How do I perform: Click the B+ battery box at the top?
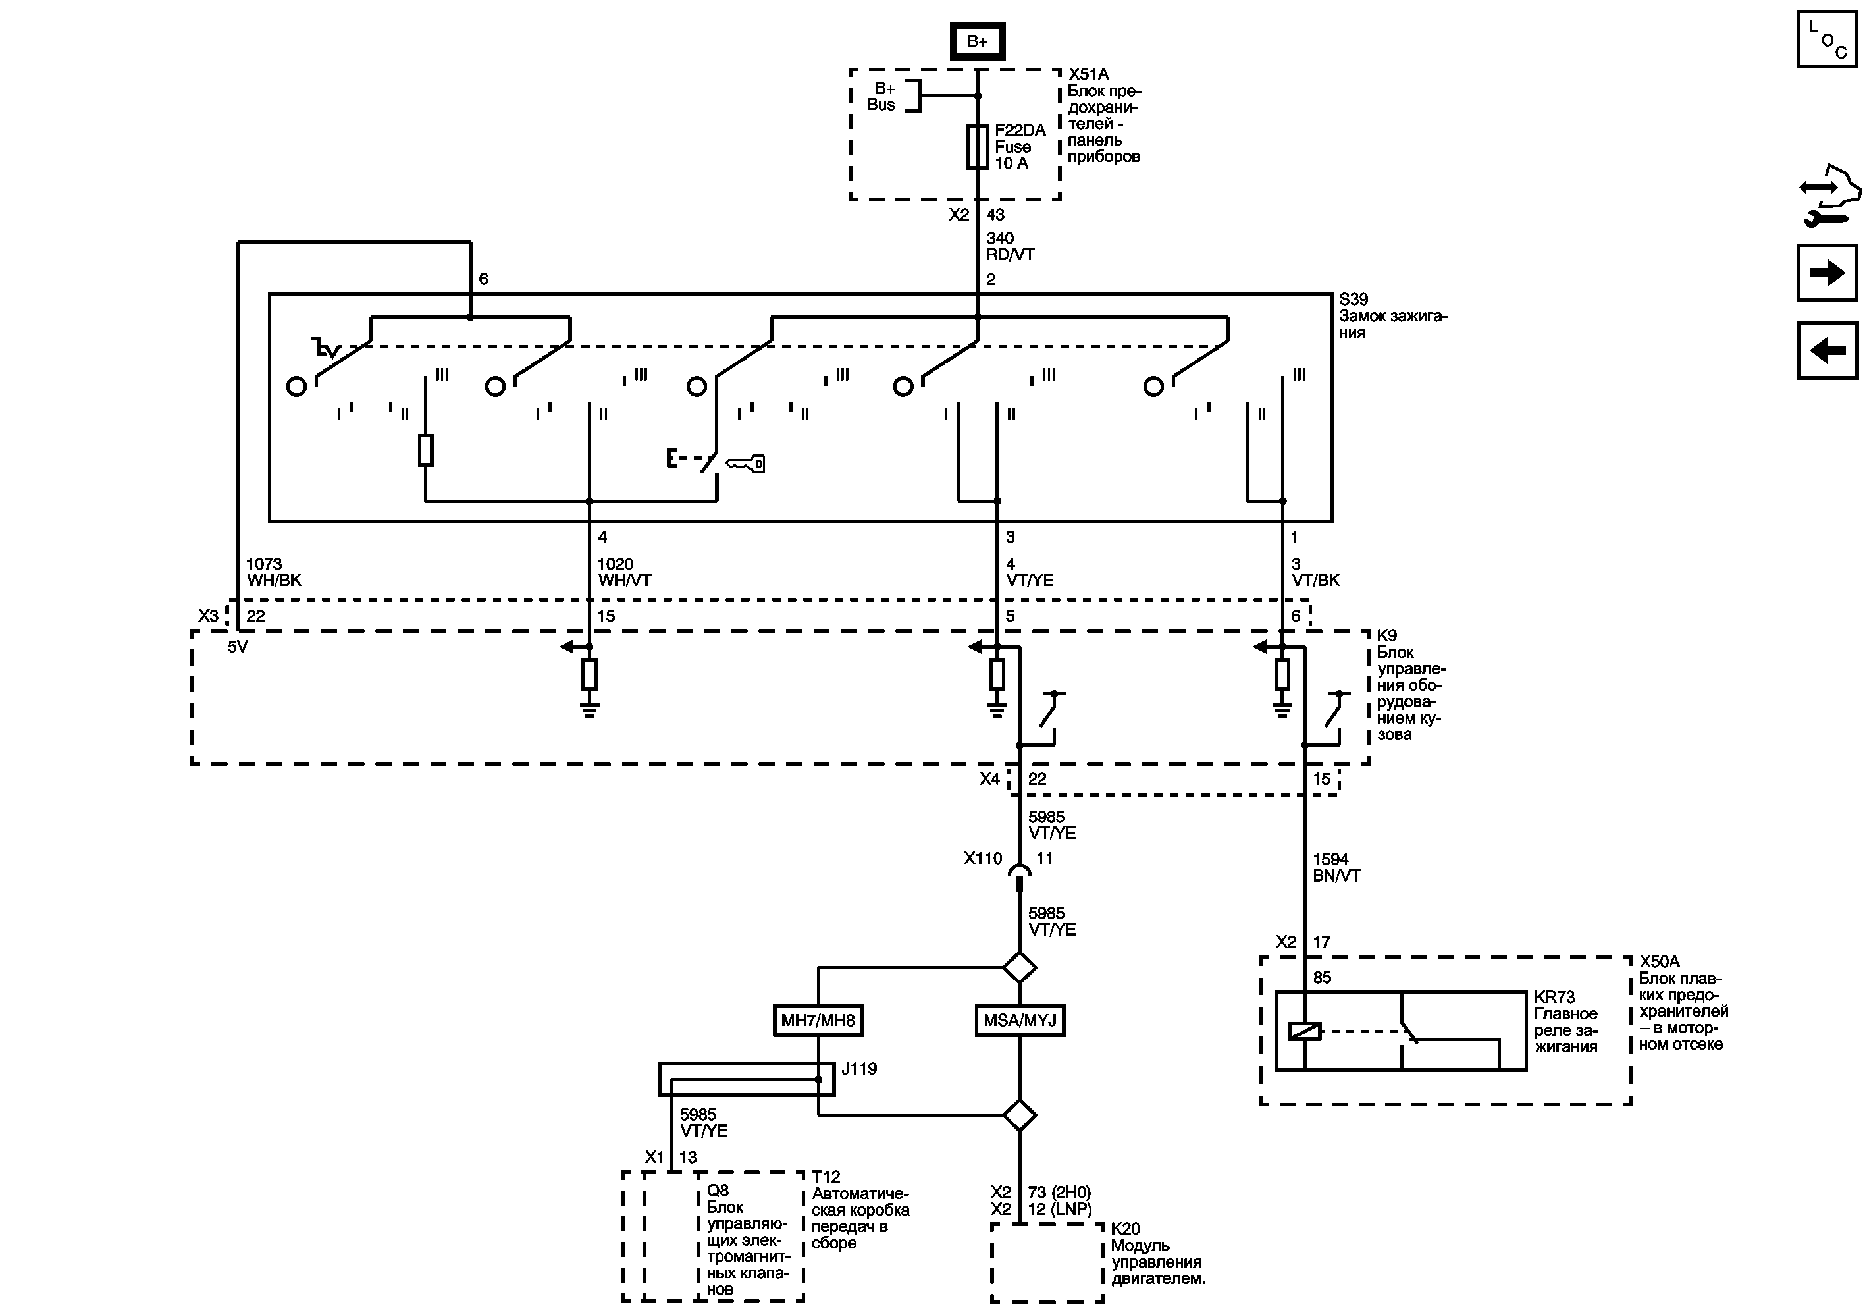click(978, 41)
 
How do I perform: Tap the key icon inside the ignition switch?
click(745, 464)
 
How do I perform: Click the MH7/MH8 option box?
click(818, 1021)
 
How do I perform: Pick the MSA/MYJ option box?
click(1020, 1021)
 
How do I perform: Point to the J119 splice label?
click(858, 1069)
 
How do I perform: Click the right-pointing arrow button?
click(1827, 273)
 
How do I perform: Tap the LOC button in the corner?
click(1827, 39)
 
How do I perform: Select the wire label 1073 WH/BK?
click(274, 572)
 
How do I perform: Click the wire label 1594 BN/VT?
click(1336, 868)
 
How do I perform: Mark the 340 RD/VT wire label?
click(1010, 246)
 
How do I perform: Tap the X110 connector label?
click(982, 859)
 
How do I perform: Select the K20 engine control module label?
click(1126, 1229)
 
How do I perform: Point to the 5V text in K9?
click(238, 647)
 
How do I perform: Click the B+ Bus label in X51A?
click(881, 97)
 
